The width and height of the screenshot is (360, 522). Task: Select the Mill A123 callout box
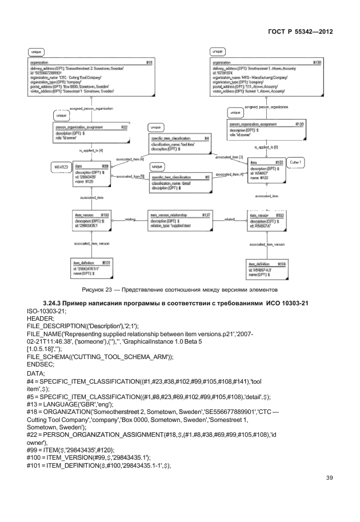click(61, 167)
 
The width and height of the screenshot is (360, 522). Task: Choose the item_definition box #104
click(267, 268)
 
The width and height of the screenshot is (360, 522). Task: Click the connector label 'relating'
click(130, 218)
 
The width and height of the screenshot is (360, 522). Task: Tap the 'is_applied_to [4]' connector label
click(91, 150)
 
